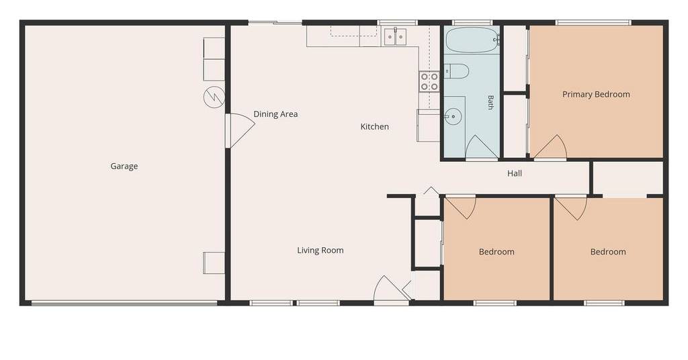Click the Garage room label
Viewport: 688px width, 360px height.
click(124, 166)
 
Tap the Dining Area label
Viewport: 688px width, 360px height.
click(275, 114)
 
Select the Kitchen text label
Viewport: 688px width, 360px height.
click(375, 127)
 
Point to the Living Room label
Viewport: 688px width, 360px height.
click(320, 251)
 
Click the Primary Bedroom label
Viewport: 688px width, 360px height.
click(597, 94)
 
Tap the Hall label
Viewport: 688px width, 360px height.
click(515, 174)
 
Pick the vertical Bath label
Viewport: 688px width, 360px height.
click(490, 102)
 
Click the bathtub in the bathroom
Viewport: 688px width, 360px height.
click(472, 40)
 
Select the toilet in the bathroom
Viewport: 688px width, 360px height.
click(456, 71)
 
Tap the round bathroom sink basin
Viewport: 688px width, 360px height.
click(453, 117)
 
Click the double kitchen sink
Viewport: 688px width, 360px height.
click(396, 37)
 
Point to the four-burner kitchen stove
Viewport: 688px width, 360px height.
click(429, 81)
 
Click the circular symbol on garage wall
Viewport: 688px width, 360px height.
click(214, 97)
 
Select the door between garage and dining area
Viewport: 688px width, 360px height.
click(240, 131)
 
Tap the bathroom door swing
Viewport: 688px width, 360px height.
click(482, 148)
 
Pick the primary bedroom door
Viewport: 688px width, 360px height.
click(550, 147)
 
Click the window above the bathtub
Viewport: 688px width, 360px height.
click(472, 22)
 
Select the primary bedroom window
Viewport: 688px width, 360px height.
click(593, 22)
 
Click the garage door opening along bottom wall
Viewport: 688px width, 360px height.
click(124, 303)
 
